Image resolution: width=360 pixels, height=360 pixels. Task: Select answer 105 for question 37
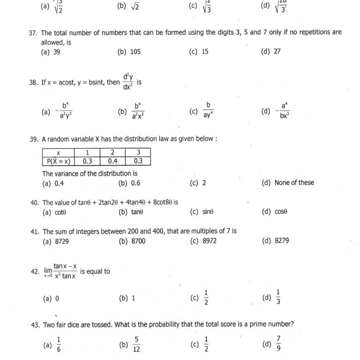[x=136, y=51]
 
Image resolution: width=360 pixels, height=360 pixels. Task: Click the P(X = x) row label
[x=58, y=161]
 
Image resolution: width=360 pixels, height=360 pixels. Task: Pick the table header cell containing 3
[x=138, y=152]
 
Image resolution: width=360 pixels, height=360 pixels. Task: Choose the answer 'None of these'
[x=294, y=182]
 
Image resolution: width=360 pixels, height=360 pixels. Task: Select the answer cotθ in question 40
[x=60, y=212]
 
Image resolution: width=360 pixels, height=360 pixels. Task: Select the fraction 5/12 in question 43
[x=136, y=344]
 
